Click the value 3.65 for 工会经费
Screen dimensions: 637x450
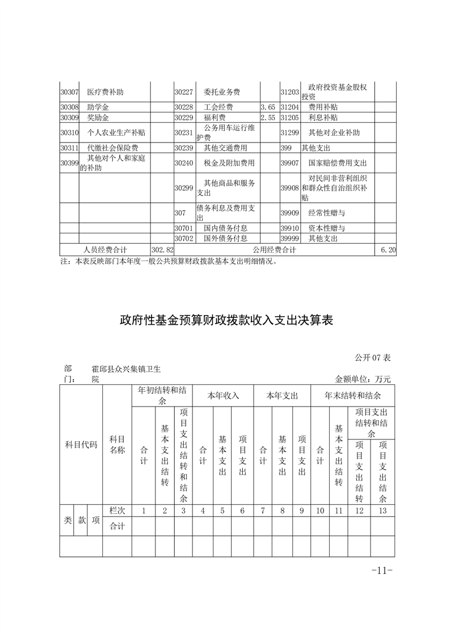pos(268,107)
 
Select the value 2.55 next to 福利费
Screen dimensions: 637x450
pos(268,118)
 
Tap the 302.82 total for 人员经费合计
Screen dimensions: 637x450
pos(162,250)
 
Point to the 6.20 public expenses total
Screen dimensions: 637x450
pos(388,250)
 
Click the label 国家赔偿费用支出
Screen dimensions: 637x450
pos(338,163)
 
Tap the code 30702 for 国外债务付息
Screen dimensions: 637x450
pos(184,239)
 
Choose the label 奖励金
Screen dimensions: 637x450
pos(98,118)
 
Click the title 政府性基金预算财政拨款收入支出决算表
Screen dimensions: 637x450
pos(225,320)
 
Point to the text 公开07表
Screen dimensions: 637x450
pos(373,358)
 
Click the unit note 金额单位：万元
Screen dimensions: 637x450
pos(363,379)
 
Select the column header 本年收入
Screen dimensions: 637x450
pos(223,395)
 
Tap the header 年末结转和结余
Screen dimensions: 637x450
pos(352,395)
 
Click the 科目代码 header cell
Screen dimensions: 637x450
pos(81,444)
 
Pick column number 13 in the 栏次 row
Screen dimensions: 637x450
pos(382,510)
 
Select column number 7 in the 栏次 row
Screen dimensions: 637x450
pos(263,510)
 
